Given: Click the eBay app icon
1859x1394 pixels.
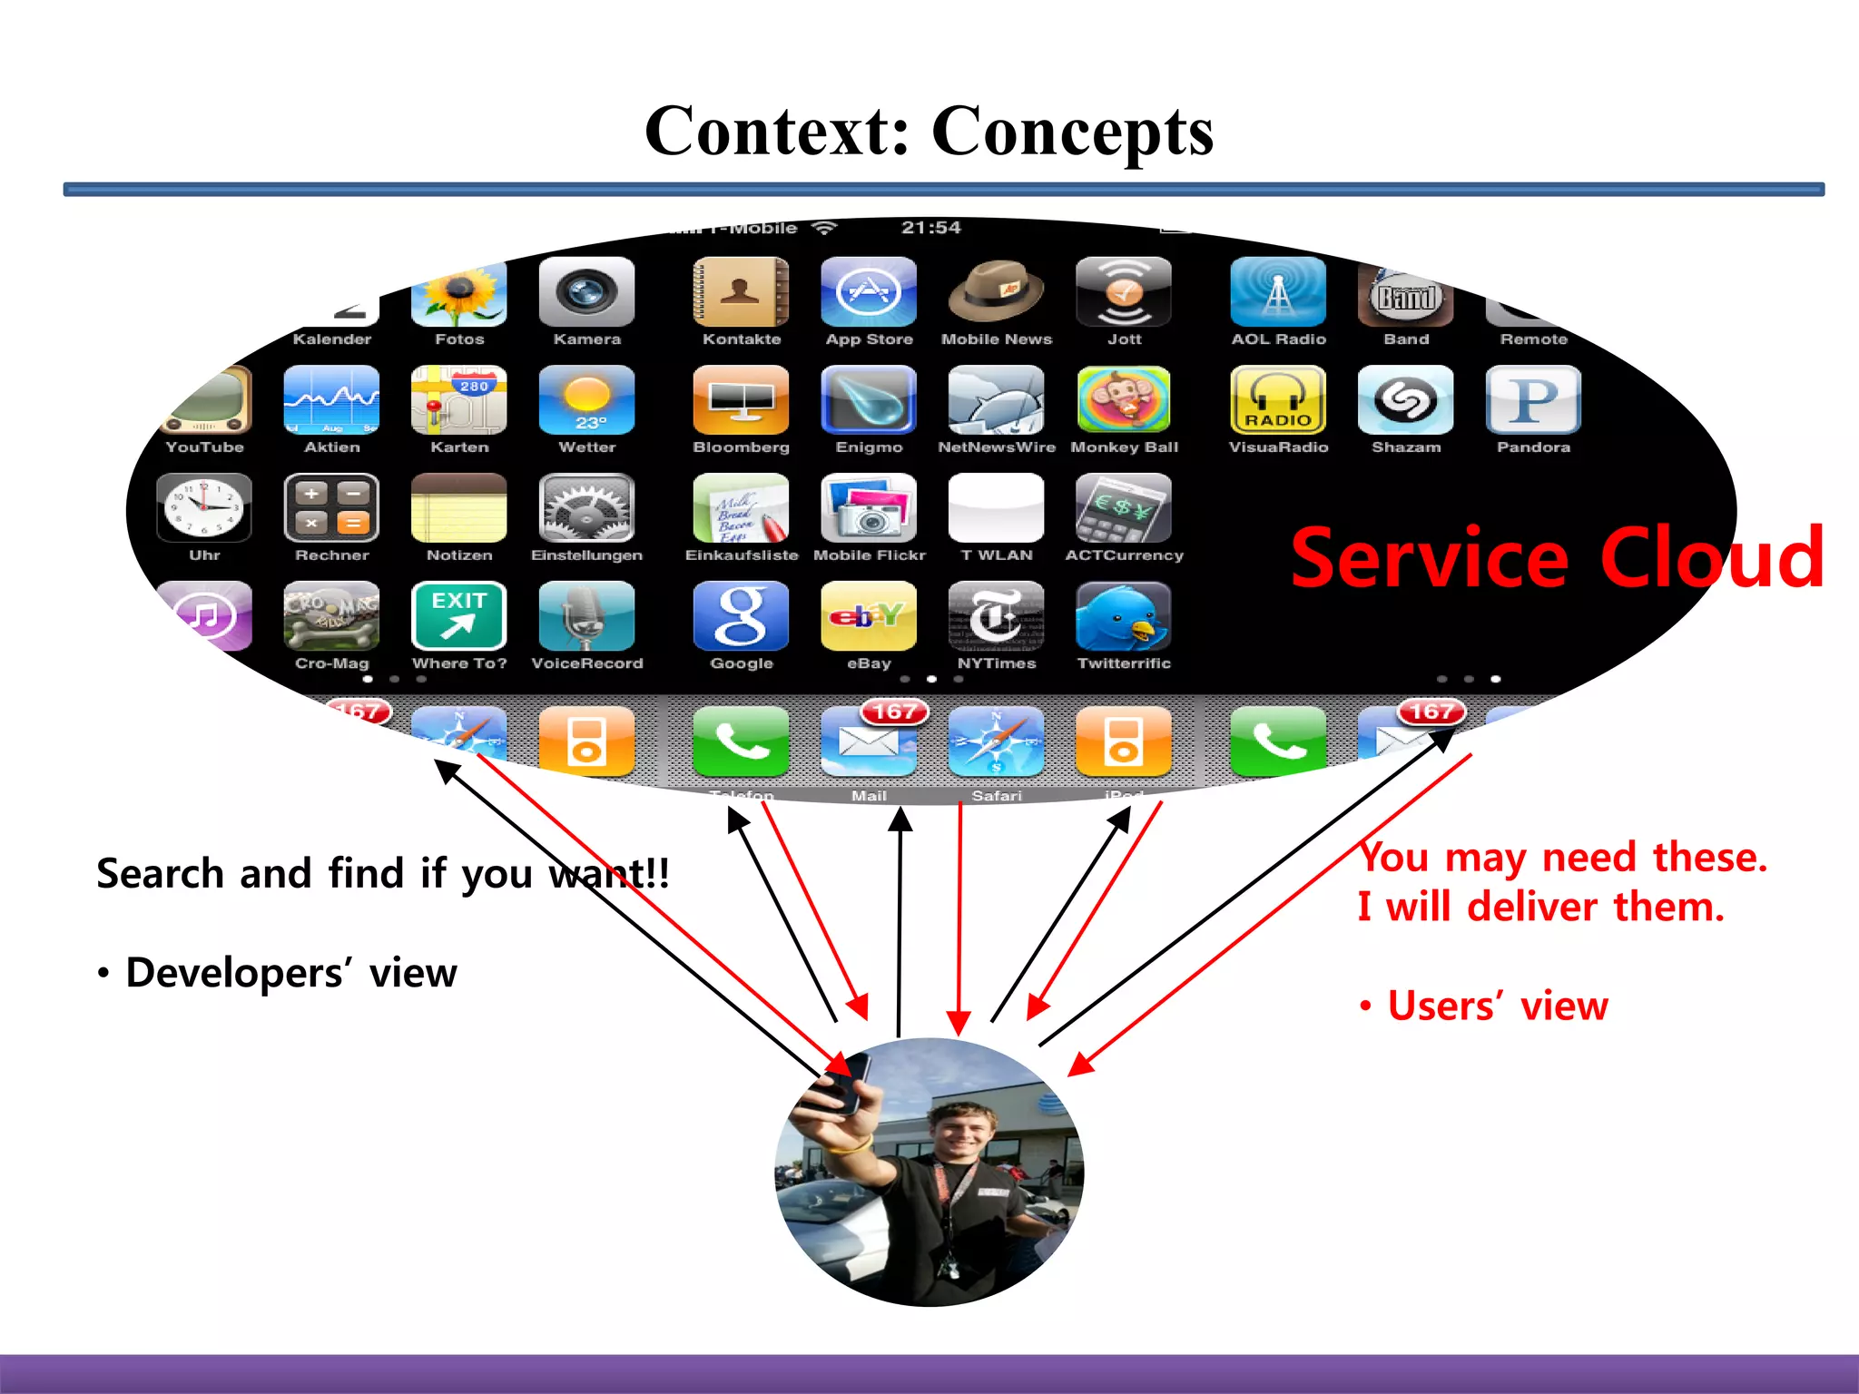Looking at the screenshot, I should pos(869,617).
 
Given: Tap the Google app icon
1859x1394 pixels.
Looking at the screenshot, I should pos(741,617).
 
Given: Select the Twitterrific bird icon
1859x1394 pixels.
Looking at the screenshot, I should pos(1124,617).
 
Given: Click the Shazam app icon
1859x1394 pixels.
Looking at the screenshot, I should pos(1405,400).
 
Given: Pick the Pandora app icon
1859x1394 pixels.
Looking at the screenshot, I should pos(1533,400).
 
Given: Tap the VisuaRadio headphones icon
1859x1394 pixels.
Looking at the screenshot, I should pos(1278,400).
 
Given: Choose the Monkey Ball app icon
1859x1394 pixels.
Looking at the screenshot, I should pos(1124,400).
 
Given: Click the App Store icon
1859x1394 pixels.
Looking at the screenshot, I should pos(869,292).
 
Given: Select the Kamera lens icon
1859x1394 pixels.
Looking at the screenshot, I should pos(586,292).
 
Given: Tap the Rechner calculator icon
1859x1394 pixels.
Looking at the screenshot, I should pos(331,508).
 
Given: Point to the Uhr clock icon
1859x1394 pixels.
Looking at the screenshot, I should pos(204,508).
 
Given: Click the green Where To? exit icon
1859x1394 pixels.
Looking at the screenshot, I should pos(459,617).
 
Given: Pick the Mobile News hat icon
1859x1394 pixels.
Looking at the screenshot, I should pos(996,292).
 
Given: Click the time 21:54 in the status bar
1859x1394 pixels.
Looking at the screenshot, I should pos(930,228).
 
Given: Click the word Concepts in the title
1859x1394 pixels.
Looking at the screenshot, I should pos(1072,132).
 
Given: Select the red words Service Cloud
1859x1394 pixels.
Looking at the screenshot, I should pos(1556,558).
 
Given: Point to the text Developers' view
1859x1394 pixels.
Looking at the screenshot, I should pos(290,973).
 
